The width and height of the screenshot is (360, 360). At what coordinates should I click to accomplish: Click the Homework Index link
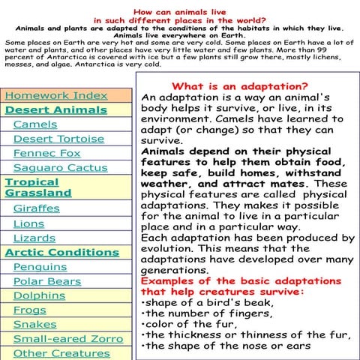click(x=56, y=96)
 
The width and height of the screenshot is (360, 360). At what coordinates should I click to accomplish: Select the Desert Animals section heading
click(x=56, y=110)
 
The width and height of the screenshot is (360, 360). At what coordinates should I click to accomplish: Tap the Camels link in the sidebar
click(x=34, y=124)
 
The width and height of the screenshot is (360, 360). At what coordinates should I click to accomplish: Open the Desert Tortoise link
click(x=58, y=139)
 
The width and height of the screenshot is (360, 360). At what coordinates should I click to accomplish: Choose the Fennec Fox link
click(x=46, y=153)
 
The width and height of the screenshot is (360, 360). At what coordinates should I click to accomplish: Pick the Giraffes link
click(x=36, y=208)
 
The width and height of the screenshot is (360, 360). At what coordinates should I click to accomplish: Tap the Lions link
click(x=28, y=223)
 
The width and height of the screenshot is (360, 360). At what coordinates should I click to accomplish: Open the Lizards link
click(x=34, y=238)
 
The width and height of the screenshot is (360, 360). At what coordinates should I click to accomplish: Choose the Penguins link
click(x=40, y=266)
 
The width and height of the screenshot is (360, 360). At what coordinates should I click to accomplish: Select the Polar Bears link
click(x=46, y=281)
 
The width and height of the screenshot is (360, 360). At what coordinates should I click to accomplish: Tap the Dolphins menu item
click(x=39, y=295)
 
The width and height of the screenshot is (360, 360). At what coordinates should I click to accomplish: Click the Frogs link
click(x=29, y=310)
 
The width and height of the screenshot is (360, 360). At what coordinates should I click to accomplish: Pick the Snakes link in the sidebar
click(x=34, y=324)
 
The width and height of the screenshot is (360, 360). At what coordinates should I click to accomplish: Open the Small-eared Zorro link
click(x=67, y=338)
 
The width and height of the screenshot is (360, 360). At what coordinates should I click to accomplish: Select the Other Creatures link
click(x=61, y=352)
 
